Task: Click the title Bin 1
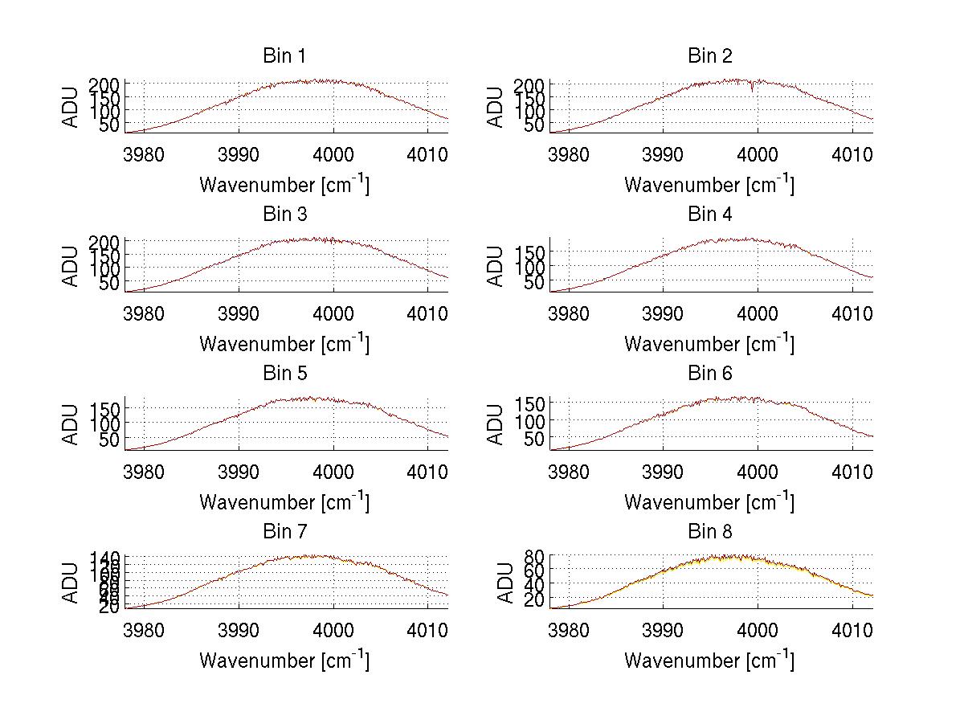[284, 55]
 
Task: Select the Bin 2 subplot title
[709, 55]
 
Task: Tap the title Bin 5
[284, 373]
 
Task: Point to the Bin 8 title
[709, 531]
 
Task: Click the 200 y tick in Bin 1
[109, 84]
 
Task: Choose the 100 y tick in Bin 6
[534, 420]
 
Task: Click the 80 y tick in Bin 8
[536, 555]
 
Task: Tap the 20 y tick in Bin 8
[536, 600]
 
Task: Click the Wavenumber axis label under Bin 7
[284, 660]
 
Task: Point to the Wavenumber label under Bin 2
[709, 184]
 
